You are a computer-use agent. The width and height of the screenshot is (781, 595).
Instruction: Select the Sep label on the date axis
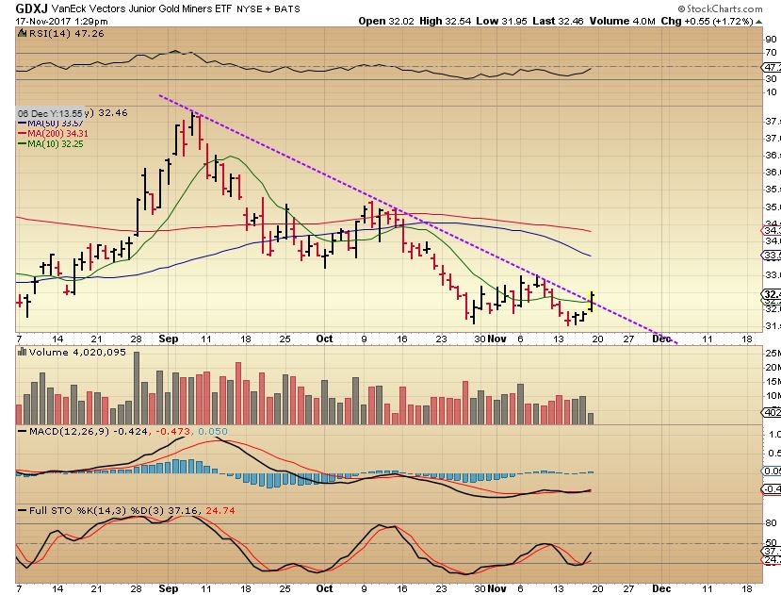(x=169, y=338)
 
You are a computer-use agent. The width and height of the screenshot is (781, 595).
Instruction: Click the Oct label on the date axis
(x=325, y=338)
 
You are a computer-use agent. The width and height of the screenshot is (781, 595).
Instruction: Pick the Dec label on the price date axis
(x=662, y=338)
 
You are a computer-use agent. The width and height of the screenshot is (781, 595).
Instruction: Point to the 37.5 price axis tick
(x=771, y=122)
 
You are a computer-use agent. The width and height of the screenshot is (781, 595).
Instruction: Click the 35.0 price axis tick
(x=771, y=207)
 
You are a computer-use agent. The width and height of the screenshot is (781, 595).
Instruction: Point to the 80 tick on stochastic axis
(x=769, y=523)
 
